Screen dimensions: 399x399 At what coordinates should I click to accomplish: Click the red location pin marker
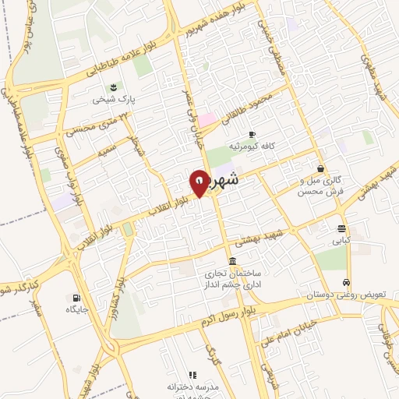pyautogui.click(x=199, y=182)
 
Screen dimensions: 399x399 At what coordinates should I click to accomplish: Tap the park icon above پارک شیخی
pyautogui.click(x=115, y=86)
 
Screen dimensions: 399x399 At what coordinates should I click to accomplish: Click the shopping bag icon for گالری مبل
pyautogui.click(x=320, y=168)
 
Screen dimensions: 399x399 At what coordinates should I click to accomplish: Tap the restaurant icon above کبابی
pyautogui.click(x=342, y=229)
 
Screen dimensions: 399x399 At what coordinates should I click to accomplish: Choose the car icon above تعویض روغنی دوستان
pyautogui.click(x=347, y=283)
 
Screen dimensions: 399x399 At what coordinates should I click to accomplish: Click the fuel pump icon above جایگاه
pyautogui.click(x=76, y=297)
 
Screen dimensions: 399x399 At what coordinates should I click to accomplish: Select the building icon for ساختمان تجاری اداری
pyautogui.click(x=232, y=261)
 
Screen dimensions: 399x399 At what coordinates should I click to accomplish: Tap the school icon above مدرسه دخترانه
pyautogui.click(x=192, y=375)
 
